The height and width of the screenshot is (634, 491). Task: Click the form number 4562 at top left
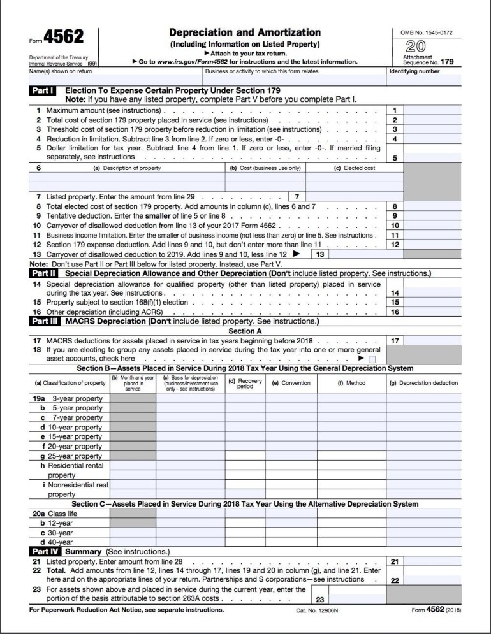(63, 38)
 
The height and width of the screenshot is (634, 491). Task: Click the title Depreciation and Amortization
(245, 32)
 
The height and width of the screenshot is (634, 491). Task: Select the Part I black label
(45, 91)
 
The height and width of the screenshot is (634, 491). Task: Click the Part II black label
(45, 273)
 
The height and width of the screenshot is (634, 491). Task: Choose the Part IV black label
(45, 551)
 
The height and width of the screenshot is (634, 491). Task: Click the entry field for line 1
(432, 110)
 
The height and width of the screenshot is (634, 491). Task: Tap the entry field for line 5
(432, 158)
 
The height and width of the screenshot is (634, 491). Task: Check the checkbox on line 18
(372, 359)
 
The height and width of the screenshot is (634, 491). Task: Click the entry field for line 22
(432, 580)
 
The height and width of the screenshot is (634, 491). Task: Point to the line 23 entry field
(357, 600)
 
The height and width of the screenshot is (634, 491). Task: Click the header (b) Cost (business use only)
(265, 168)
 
